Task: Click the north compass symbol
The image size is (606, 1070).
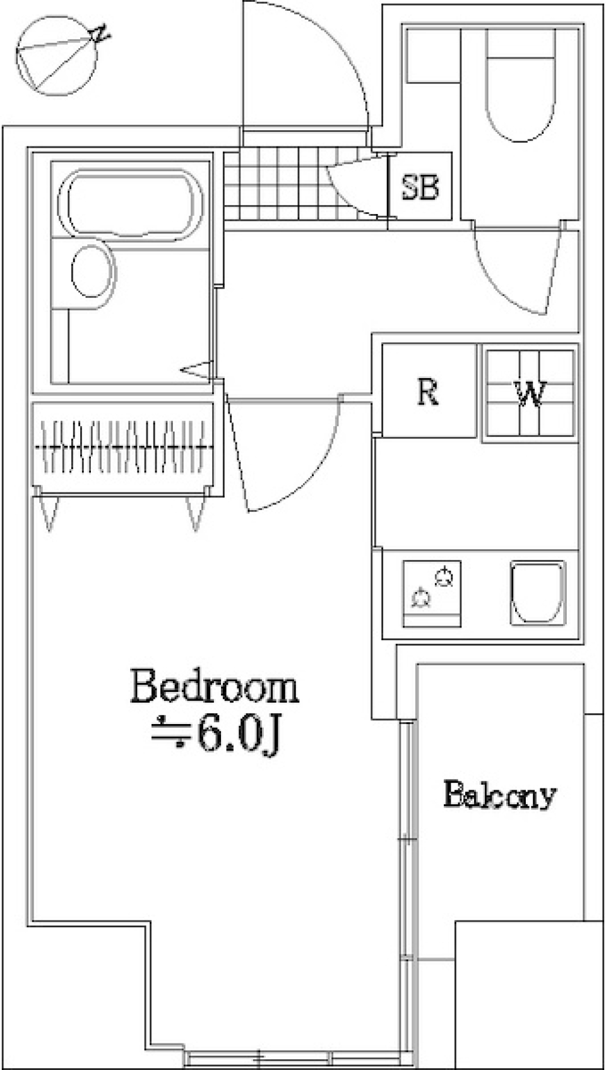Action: (57, 55)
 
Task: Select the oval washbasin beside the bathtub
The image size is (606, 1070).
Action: (93, 272)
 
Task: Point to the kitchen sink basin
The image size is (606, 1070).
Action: (538, 593)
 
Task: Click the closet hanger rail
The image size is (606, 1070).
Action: (124, 448)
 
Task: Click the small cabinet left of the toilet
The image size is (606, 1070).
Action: (432, 56)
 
